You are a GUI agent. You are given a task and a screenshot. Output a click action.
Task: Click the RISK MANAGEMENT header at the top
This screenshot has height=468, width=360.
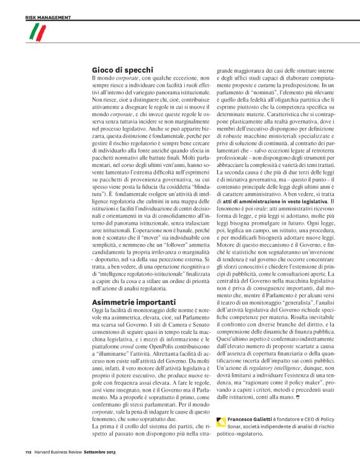(x=48, y=17)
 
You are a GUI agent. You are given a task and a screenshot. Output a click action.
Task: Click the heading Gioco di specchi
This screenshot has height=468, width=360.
(x=118, y=71)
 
